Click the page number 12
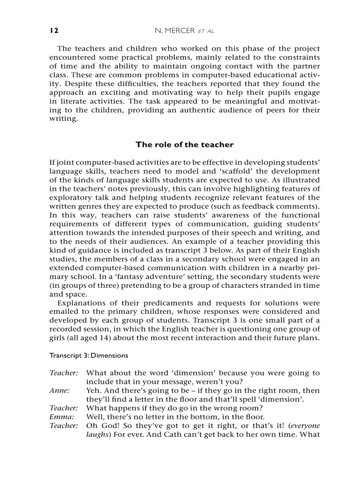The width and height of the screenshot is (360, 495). point(54,30)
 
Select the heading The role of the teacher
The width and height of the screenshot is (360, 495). point(184,145)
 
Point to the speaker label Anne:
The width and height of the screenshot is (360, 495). point(59,391)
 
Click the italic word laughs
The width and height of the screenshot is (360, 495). point(96,435)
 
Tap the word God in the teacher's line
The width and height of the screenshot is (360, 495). point(106,426)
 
